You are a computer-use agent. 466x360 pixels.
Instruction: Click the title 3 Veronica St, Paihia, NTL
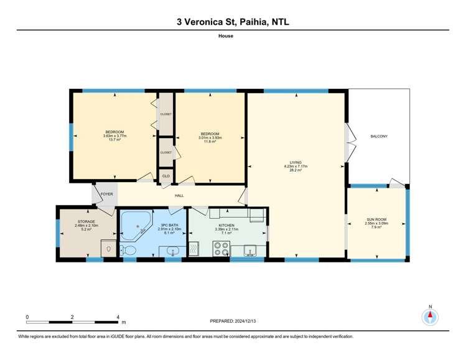(233, 22)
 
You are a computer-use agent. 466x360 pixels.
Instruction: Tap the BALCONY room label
(379, 136)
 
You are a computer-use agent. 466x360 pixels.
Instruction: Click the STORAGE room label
(86, 221)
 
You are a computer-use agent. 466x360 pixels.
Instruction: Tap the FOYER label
(106, 195)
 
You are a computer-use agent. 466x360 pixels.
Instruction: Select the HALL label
(179, 196)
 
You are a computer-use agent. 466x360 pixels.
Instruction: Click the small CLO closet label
(165, 177)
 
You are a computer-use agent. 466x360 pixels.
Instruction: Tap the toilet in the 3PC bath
(129, 250)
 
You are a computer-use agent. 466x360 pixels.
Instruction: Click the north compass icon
(429, 316)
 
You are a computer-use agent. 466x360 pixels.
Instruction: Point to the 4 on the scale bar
(118, 317)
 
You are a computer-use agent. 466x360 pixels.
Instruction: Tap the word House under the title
(233, 36)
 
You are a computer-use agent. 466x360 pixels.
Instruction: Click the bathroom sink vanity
(172, 251)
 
